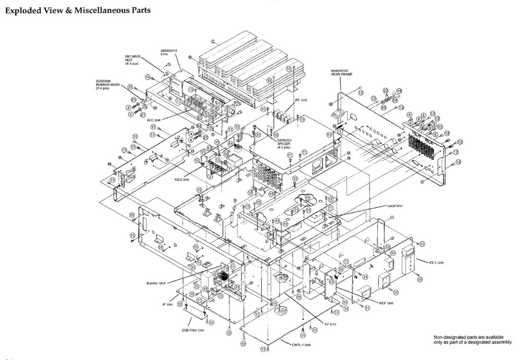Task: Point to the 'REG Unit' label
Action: (182, 177)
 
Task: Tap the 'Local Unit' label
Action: (395, 206)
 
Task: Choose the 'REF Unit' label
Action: (386, 303)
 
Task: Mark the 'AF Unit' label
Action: (330, 324)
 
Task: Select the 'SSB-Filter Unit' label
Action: (193, 330)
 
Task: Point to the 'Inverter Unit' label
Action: (156, 283)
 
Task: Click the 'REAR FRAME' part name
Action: (342, 74)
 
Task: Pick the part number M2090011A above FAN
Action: (169, 51)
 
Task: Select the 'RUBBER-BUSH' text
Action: (106, 85)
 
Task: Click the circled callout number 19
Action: (399, 91)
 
